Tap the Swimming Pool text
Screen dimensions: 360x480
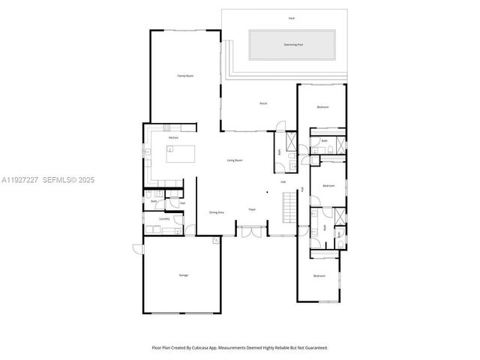pyautogui.click(x=292, y=45)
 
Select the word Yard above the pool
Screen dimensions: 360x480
pyautogui.click(x=291, y=17)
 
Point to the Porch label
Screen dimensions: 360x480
pyautogui.click(x=263, y=103)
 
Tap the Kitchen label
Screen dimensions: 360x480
pyautogui.click(x=173, y=138)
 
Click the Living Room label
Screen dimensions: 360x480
pyautogui.click(x=235, y=160)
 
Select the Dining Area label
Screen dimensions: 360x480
pyautogui.click(x=217, y=212)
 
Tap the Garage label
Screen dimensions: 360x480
pyautogui.click(x=183, y=275)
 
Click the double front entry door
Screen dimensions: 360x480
pyautogui.click(x=253, y=231)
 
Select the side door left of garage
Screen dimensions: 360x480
pyautogui.click(x=136, y=250)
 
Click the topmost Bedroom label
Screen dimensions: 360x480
pyautogui.click(x=322, y=107)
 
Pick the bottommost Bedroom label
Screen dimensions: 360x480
pyautogui.click(x=319, y=276)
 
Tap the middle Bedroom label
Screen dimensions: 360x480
pyautogui.click(x=328, y=185)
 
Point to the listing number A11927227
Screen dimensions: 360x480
pyautogui.click(x=20, y=180)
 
